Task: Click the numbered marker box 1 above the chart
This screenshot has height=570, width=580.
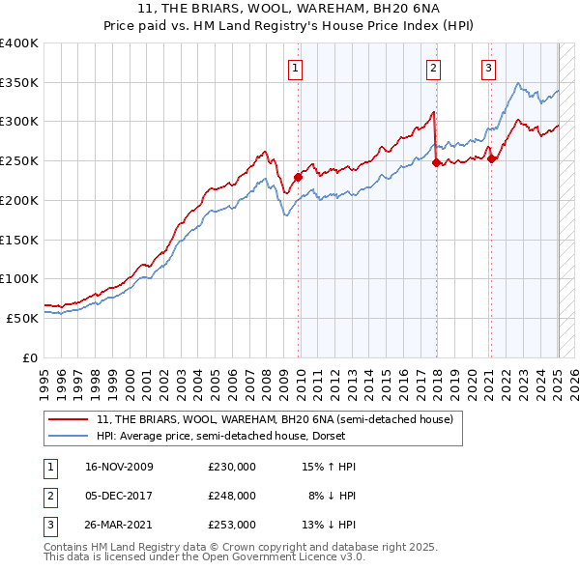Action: click(294, 68)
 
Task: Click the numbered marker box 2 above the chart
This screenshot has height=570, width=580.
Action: click(434, 68)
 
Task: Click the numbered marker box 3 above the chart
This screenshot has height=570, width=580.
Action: click(489, 68)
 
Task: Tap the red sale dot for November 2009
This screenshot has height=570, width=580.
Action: click(299, 177)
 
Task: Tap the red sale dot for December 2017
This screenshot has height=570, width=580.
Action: click(436, 162)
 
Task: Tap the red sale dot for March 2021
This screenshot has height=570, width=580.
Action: click(492, 158)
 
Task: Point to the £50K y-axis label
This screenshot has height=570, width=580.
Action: click(22, 318)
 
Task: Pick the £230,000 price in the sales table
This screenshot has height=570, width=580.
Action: click(232, 467)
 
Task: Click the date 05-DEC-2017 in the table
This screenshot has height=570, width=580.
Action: click(121, 496)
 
